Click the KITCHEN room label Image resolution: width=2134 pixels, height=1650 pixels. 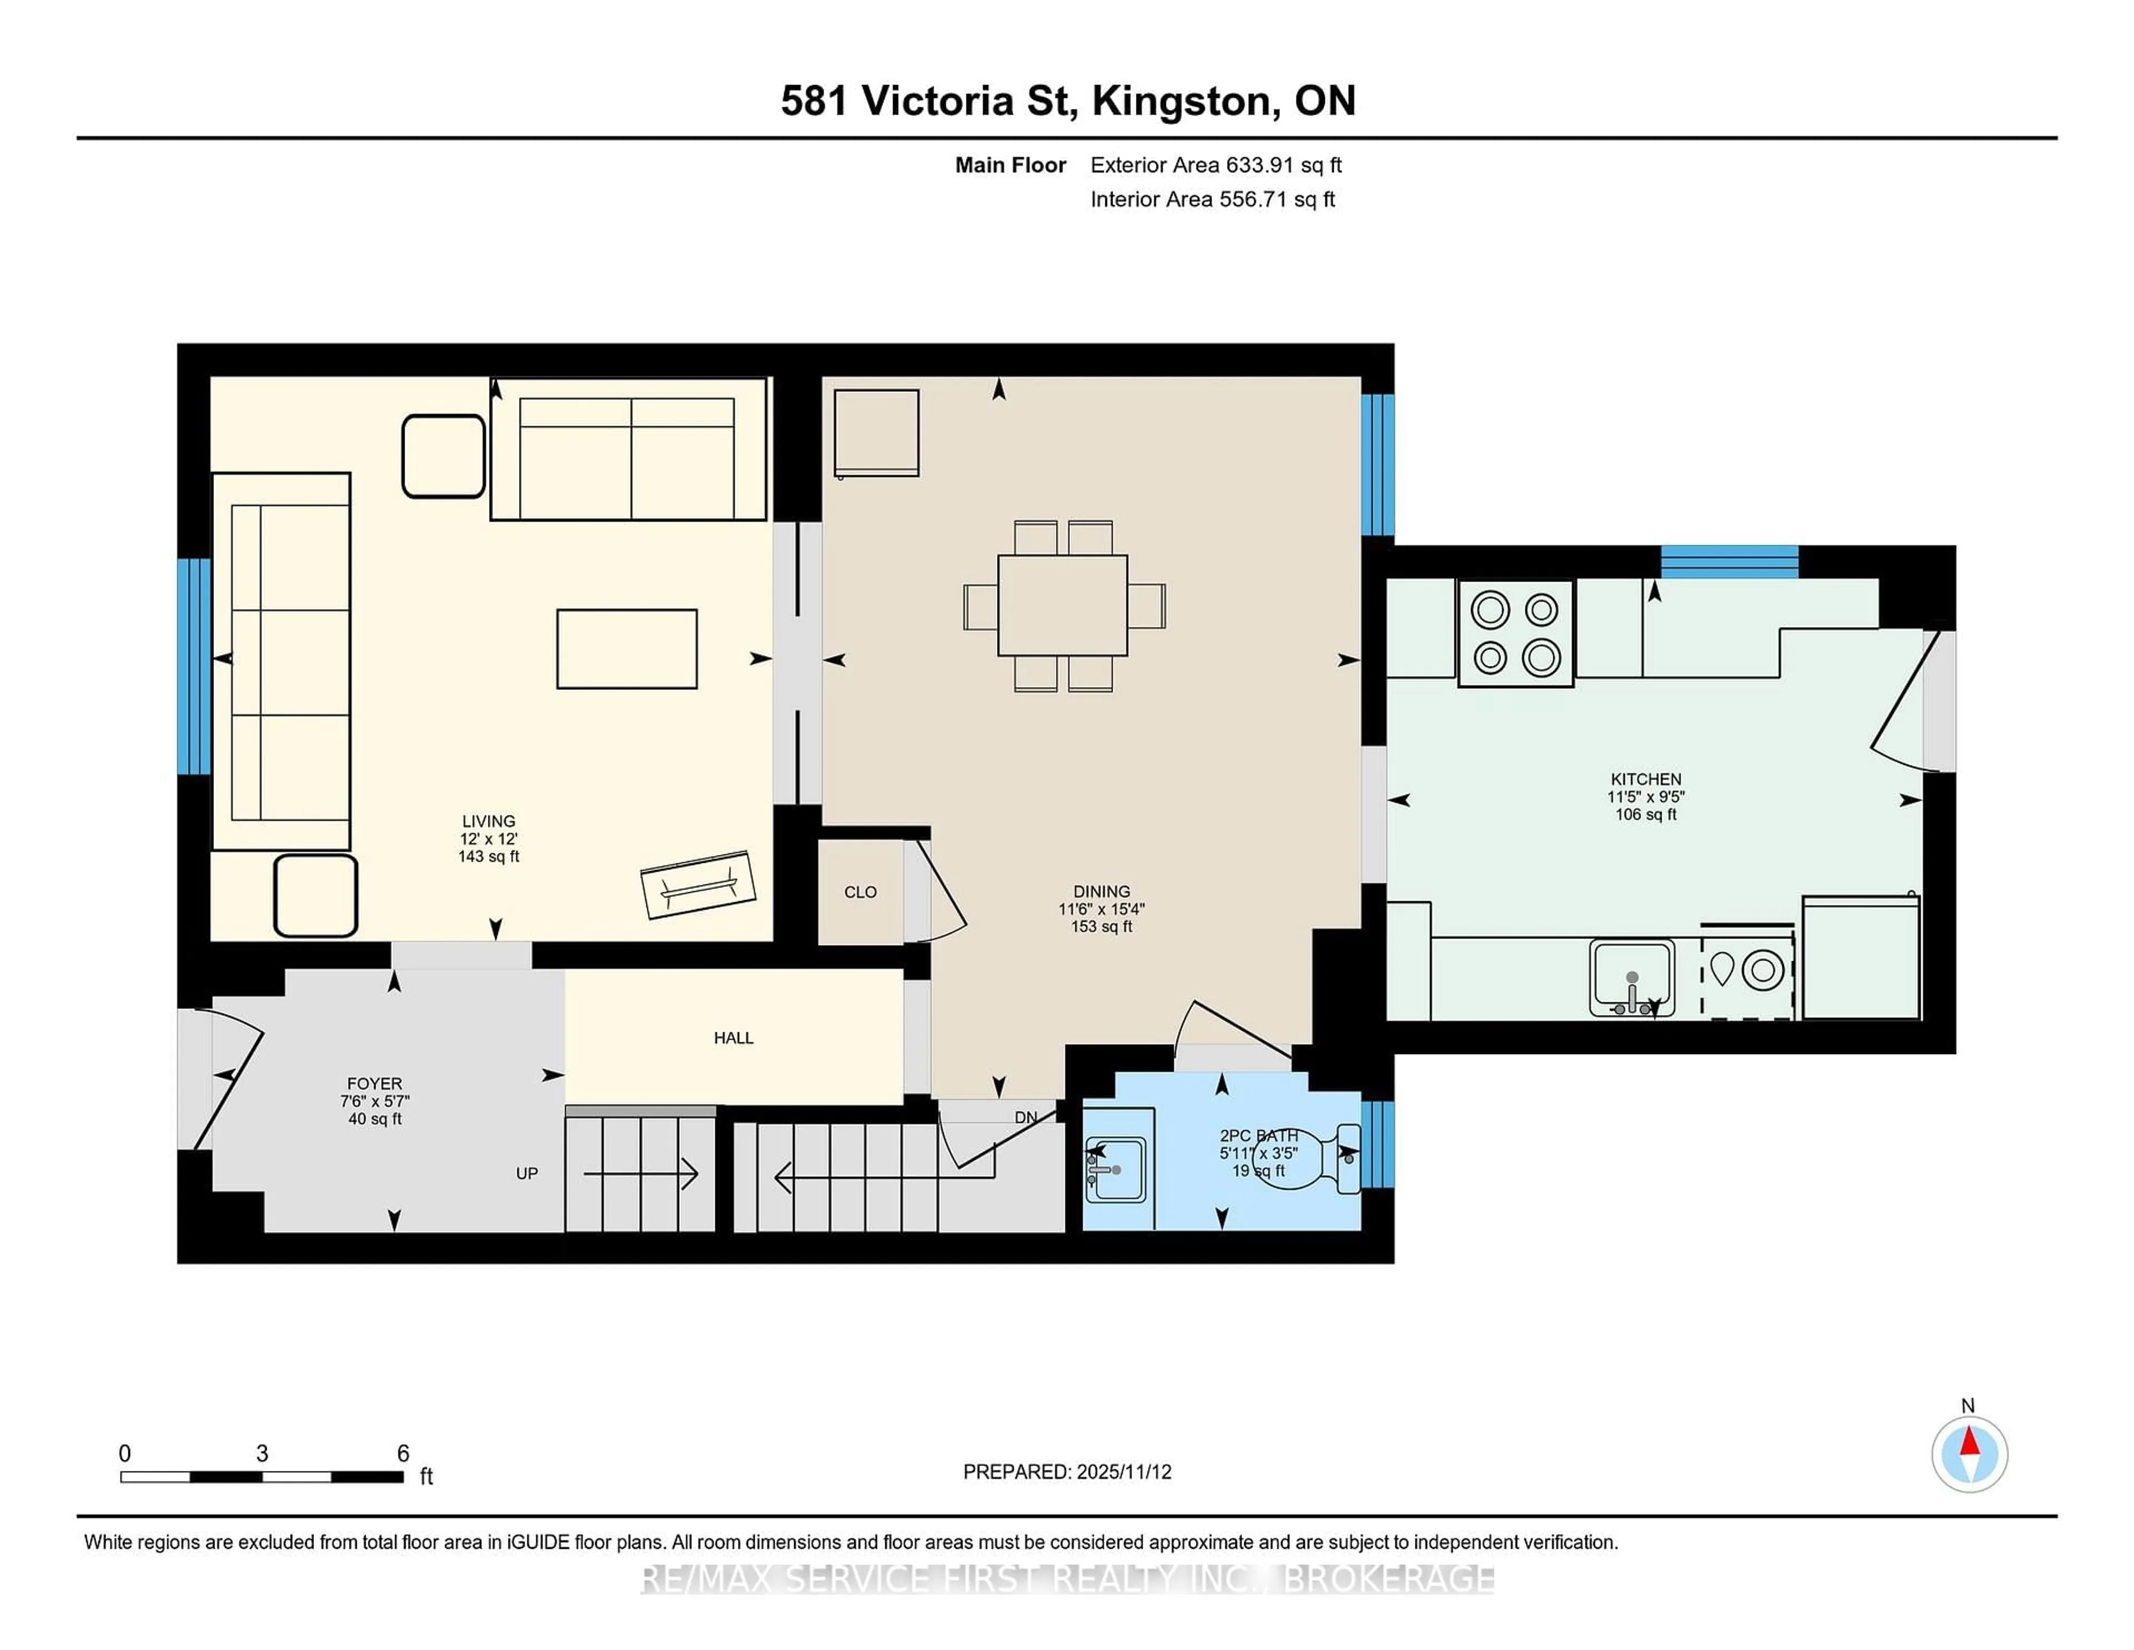point(1646,779)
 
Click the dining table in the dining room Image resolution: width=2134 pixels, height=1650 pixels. point(1062,605)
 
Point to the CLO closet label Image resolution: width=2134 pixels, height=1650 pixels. point(860,892)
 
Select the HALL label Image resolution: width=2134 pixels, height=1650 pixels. point(733,1038)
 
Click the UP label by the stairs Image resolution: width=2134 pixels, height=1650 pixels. point(527,1173)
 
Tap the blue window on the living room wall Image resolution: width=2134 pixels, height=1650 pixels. point(193,665)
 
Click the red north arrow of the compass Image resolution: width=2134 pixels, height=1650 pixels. point(1969,1442)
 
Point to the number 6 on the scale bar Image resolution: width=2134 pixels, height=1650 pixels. point(402,1453)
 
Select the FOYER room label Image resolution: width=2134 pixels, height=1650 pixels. point(374,1083)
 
